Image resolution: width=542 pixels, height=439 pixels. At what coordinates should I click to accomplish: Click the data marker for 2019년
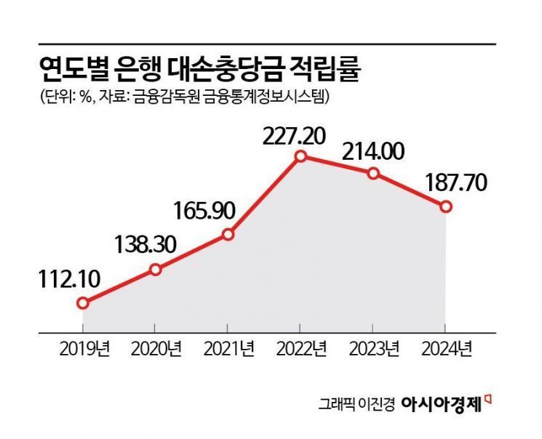[83, 303]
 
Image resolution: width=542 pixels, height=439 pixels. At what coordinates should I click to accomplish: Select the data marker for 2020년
[156, 270]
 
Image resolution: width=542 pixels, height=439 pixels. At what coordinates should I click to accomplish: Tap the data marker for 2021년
[228, 234]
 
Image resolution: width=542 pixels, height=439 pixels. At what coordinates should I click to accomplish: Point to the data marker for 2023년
[373, 173]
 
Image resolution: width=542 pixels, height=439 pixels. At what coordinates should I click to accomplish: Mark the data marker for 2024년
[446, 207]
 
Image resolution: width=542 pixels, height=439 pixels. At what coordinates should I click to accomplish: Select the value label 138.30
[146, 244]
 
